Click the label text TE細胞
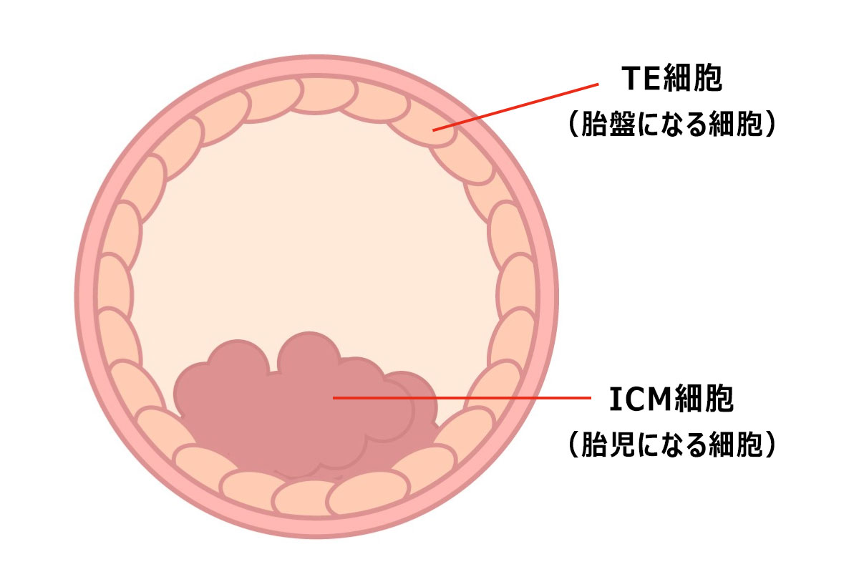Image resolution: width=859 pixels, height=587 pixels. coord(671,79)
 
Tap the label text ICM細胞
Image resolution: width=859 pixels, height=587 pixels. coord(671,399)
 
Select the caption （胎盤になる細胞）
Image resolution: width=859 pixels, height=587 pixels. coord(671,123)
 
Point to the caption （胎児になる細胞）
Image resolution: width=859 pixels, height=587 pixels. coord(671,445)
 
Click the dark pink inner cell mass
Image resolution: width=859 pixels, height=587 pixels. coord(301,415)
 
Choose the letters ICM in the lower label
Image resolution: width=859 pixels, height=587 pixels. coord(639,399)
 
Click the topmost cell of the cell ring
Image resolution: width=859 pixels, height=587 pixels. coord(326,93)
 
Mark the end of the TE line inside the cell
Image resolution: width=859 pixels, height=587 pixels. coord(434,130)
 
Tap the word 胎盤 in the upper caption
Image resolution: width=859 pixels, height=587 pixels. coord(605,123)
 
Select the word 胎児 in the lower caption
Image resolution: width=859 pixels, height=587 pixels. coord(605,445)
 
